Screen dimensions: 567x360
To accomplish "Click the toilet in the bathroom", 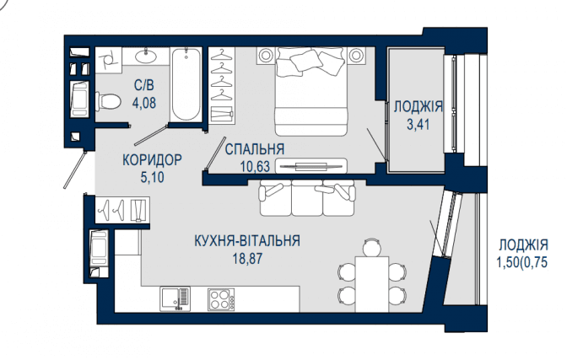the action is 108,101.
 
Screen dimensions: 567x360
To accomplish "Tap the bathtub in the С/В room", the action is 186,84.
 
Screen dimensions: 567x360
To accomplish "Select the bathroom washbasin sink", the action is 146,56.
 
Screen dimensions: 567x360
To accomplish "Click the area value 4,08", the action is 144,103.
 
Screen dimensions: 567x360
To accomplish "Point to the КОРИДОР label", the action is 152,159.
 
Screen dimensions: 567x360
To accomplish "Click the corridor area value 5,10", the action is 152,177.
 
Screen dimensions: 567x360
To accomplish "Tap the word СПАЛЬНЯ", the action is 255,149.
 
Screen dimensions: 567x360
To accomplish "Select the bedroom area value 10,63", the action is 255,166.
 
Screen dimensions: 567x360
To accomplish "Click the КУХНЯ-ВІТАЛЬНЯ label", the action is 247,241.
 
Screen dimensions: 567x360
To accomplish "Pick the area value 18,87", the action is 248,259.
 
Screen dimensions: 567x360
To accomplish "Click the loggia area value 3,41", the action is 418,125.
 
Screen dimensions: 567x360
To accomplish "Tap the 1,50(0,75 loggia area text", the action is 522,262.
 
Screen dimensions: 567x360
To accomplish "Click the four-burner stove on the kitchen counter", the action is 221,299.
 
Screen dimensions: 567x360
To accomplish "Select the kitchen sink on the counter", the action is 175,299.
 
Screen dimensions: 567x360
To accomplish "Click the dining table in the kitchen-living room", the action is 372,284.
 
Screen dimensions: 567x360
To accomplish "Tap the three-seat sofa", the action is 307,198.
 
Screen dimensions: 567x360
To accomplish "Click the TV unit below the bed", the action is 311,166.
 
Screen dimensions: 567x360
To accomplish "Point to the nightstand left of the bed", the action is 266,56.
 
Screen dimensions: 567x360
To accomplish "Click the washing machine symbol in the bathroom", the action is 79,99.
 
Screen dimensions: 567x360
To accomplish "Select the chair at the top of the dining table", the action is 372,248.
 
